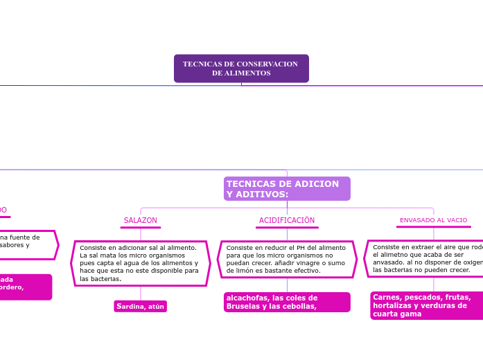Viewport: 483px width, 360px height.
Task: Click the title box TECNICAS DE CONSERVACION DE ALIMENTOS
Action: point(241,69)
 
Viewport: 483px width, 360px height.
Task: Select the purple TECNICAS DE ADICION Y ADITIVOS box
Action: point(287,188)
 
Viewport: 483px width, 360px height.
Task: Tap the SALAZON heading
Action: point(141,220)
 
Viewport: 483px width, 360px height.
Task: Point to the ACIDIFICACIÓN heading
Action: point(287,220)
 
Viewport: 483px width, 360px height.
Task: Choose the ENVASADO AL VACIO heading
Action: point(433,220)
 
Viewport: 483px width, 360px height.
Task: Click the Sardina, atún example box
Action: point(141,306)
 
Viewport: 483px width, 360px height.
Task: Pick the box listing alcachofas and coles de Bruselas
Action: point(287,302)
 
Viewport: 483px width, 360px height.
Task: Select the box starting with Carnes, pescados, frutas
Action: point(427,305)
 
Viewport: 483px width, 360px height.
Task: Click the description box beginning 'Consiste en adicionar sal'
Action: point(141,263)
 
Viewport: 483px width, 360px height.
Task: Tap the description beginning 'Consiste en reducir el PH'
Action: point(287,259)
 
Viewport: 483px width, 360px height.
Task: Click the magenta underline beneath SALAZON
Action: point(141,227)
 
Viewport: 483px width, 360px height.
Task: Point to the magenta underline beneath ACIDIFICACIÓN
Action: point(287,227)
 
